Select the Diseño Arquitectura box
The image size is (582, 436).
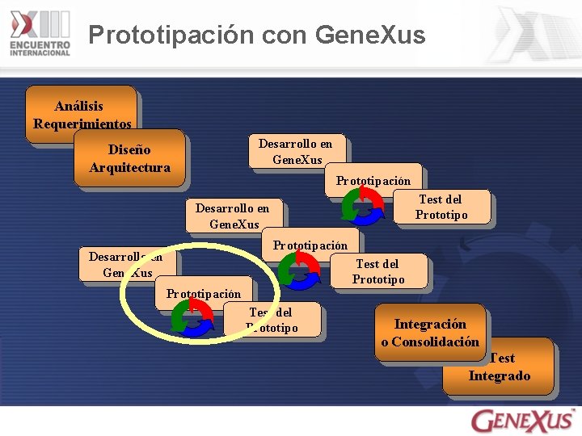pyautogui.click(x=129, y=158)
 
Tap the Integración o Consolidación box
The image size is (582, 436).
pyautogui.click(x=431, y=333)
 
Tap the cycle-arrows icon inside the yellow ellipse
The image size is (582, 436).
pyautogui.click(x=192, y=316)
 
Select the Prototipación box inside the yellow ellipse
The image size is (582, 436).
pyautogui.click(x=203, y=293)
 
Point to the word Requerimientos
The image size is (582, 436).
pyautogui.click(x=82, y=124)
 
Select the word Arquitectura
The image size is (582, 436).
pyautogui.click(x=129, y=167)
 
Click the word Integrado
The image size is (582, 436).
pyautogui.click(x=500, y=375)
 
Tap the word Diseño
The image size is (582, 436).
pyautogui.click(x=129, y=149)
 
